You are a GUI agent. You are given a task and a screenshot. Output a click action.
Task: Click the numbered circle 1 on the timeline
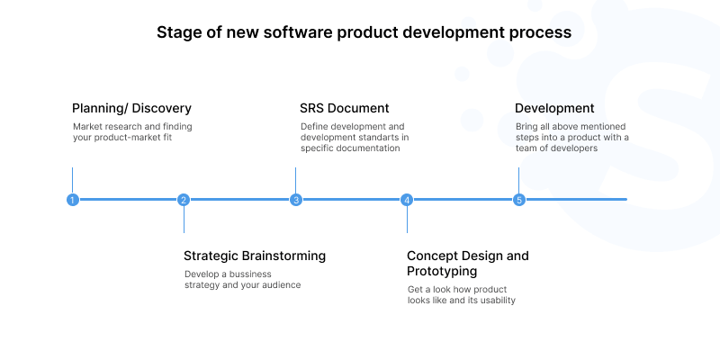coord(72,200)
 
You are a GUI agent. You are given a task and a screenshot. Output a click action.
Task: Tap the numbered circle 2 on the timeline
coord(184,200)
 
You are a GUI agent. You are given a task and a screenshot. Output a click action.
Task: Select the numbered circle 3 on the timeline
coord(295,200)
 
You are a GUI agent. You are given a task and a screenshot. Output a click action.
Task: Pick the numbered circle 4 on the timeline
coord(407,200)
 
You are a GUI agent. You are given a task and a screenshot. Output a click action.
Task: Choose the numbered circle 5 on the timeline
coord(518,200)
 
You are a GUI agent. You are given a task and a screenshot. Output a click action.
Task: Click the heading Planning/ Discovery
coord(131,109)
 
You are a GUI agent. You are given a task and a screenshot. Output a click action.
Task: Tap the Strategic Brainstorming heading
coord(255,256)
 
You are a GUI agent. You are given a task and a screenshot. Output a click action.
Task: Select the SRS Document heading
coord(345,109)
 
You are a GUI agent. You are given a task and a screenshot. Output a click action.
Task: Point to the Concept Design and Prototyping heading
coord(467,263)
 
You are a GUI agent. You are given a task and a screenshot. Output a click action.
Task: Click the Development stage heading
coord(554,109)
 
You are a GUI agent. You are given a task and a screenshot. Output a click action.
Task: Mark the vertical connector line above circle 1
coord(72,179)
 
